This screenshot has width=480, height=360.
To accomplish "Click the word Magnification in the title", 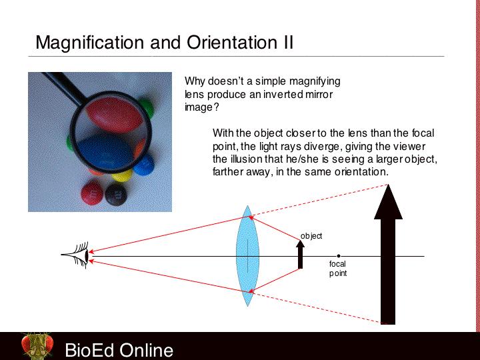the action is pos(90,43).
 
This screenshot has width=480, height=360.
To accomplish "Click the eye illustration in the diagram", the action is pos(76,255).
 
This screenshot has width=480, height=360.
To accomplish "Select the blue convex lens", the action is pos(247,255).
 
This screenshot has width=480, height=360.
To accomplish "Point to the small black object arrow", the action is pos(300,255).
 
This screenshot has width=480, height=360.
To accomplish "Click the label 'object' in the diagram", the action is pos(311,236).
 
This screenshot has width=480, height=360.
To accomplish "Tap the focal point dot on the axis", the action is pos(339,256).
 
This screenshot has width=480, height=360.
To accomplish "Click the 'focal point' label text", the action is pos(338,269).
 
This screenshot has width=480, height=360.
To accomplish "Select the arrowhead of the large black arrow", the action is pos(388,202).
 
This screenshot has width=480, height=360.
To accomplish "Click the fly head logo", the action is pos(37,346).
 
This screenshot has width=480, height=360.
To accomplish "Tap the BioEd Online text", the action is pos(119,350).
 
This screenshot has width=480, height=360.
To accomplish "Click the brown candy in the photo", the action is pos(116,195).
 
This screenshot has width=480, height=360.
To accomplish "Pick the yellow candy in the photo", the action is pos(122,176).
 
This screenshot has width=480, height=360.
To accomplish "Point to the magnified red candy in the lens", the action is pos(115,114).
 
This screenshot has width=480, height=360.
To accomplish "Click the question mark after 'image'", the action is pos(217,107).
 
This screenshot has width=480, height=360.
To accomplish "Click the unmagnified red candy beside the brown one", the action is pos(92,193).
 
